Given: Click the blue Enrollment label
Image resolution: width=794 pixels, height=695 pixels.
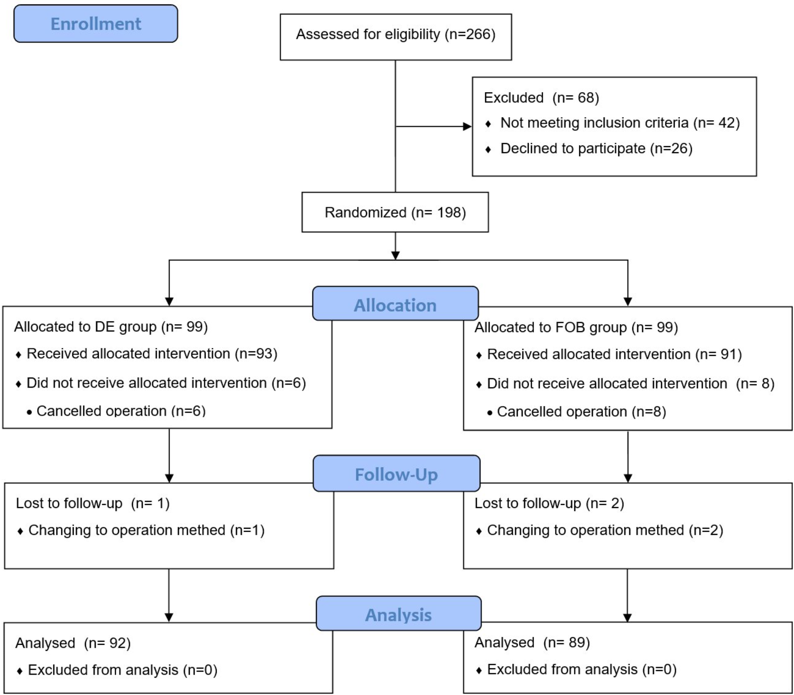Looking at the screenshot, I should coord(96,24).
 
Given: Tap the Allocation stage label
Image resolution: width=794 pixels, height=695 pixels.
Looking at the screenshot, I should coord(395,305).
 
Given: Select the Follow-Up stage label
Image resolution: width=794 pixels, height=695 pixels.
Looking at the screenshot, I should coord(396,474).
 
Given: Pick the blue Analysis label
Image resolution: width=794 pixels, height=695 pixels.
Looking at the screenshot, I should coord(398,615).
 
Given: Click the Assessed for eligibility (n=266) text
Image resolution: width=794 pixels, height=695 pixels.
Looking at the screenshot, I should coord(395,34).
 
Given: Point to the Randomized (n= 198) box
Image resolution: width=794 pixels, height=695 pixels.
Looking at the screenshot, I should coord(395,212).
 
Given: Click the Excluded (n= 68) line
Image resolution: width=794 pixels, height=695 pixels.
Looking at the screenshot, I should coord(541,98).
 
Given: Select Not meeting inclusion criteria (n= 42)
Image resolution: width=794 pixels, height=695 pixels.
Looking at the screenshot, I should coord(620,123).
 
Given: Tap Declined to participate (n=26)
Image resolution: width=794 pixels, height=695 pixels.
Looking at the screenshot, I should coord(596,149).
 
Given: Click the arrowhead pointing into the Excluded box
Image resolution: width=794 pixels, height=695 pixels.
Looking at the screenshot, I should coord(467,127).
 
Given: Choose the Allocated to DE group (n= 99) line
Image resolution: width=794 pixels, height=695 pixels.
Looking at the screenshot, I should coord(111,327).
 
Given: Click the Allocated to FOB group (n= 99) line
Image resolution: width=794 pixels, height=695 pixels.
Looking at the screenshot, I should coord(576,328).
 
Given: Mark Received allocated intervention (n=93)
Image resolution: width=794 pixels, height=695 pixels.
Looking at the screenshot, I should coord(152,353).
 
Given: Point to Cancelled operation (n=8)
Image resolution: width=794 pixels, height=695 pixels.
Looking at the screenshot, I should coord(581,412).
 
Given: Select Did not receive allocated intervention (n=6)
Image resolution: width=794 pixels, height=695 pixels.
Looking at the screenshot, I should coord(166,383).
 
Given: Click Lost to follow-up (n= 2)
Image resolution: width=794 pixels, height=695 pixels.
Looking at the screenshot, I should coord(549,503).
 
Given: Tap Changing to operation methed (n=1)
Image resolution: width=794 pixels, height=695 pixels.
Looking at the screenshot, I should coord(146,530).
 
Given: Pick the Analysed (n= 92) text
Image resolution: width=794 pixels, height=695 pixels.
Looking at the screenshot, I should coord(73,643).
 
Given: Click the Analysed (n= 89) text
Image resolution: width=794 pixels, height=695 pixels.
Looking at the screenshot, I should coord(532,643).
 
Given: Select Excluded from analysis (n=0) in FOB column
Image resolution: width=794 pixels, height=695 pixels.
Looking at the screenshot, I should coord(581,669).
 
